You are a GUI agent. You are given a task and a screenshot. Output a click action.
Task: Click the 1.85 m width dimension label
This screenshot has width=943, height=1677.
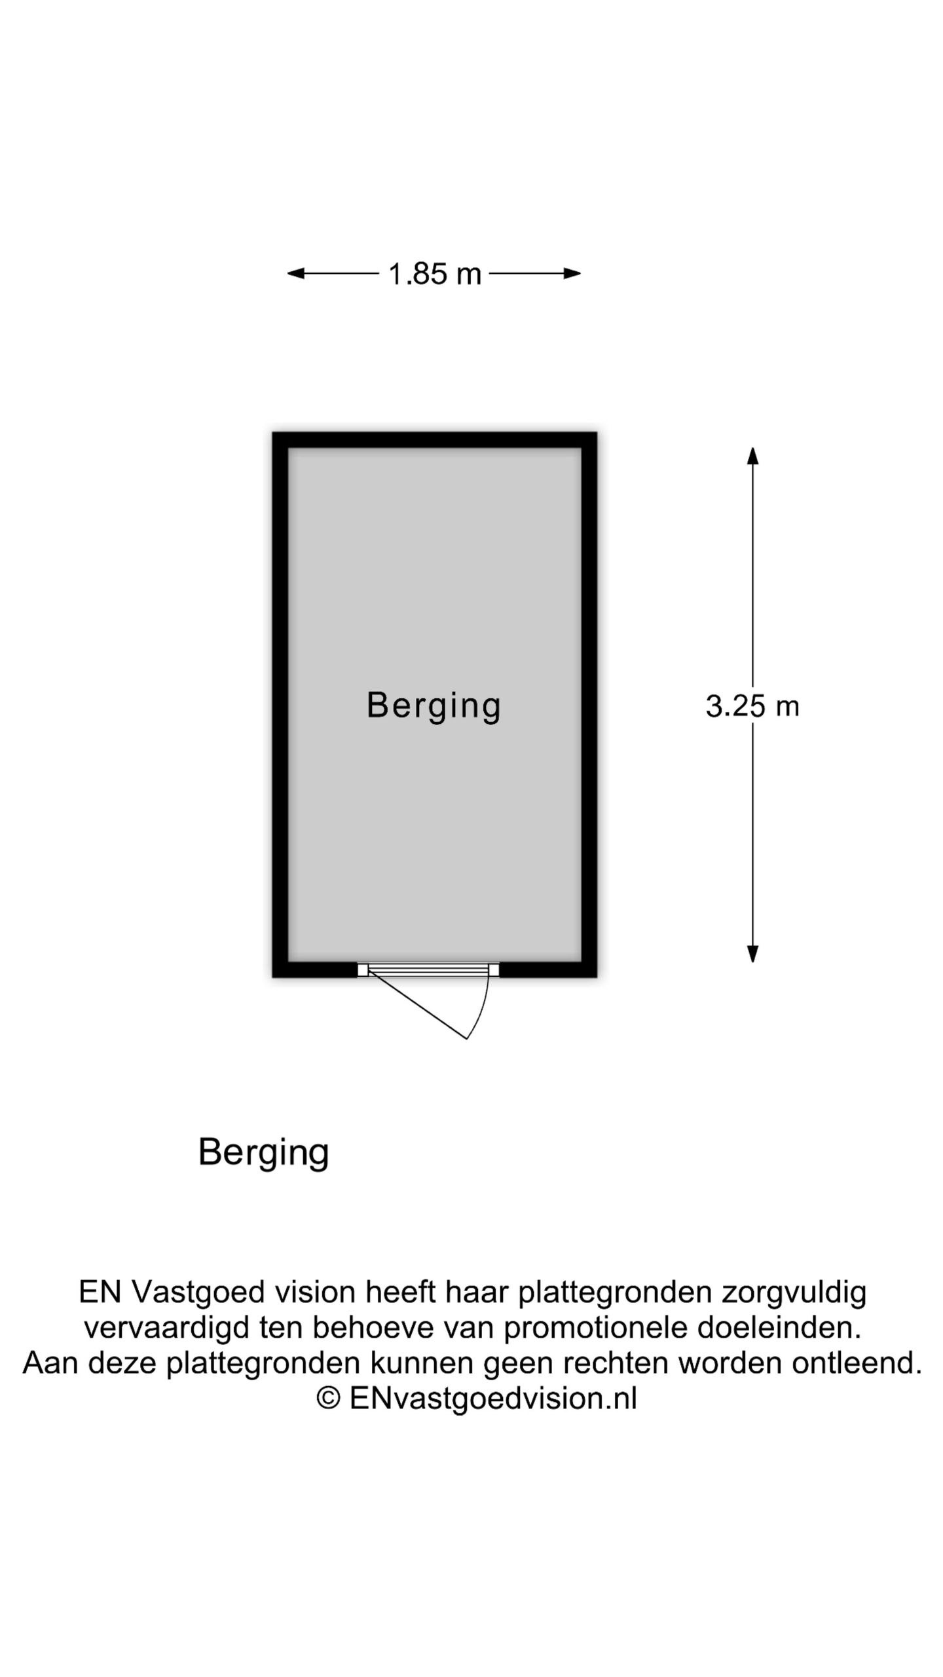click(434, 274)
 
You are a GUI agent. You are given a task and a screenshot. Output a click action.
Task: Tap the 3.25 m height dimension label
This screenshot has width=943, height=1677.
click(752, 706)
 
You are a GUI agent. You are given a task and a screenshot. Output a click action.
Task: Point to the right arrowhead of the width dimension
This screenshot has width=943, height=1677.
click(572, 273)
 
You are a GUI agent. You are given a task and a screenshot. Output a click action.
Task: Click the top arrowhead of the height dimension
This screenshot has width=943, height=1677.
click(752, 456)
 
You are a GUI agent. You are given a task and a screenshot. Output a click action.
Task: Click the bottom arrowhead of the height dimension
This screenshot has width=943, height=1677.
click(752, 954)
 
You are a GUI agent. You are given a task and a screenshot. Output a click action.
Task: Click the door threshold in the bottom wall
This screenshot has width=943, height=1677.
click(428, 970)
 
